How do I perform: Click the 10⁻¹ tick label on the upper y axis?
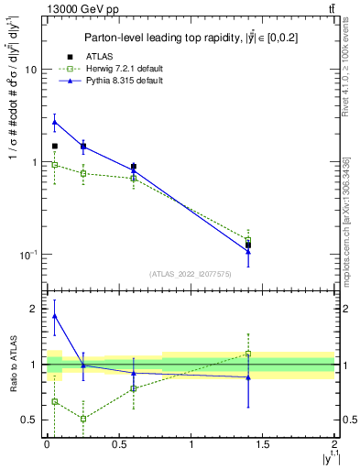click(27, 255)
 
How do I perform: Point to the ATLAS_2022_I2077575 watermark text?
click(189, 274)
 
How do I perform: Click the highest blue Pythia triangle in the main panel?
click(54, 122)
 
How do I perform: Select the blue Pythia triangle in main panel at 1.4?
click(248, 251)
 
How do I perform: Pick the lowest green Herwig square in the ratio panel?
click(83, 419)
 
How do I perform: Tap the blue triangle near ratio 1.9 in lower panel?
click(54, 316)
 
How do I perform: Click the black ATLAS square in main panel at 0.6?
click(134, 167)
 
